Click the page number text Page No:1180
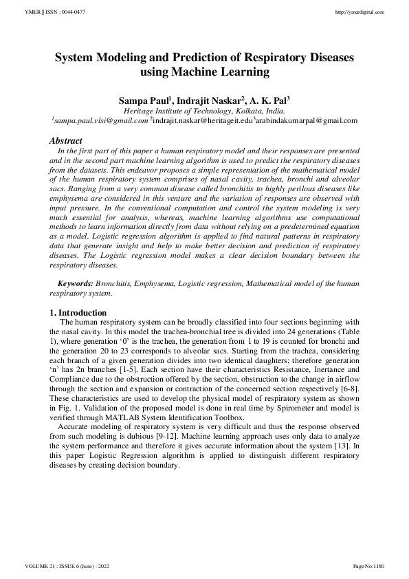pyautogui.click(x=368, y=566)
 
